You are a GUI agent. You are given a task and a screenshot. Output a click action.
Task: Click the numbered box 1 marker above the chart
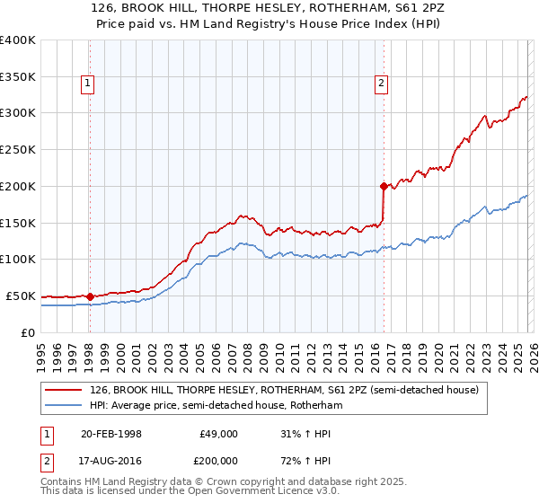click(89, 84)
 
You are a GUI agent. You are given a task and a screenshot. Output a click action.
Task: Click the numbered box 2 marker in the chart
click(382, 84)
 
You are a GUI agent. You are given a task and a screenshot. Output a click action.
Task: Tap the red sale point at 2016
click(384, 187)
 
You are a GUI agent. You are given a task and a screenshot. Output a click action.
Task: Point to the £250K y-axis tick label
click(18, 149)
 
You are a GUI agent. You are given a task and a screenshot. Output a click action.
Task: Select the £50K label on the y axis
click(22, 296)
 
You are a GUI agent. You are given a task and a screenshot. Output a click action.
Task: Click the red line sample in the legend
click(64, 390)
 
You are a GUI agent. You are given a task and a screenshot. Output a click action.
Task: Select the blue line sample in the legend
click(64, 405)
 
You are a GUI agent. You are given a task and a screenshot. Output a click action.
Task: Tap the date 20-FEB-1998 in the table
click(111, 434)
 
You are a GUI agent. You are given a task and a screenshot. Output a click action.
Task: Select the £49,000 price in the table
click(219, 434)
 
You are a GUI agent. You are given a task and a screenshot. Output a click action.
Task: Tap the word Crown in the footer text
click(209, 483)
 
